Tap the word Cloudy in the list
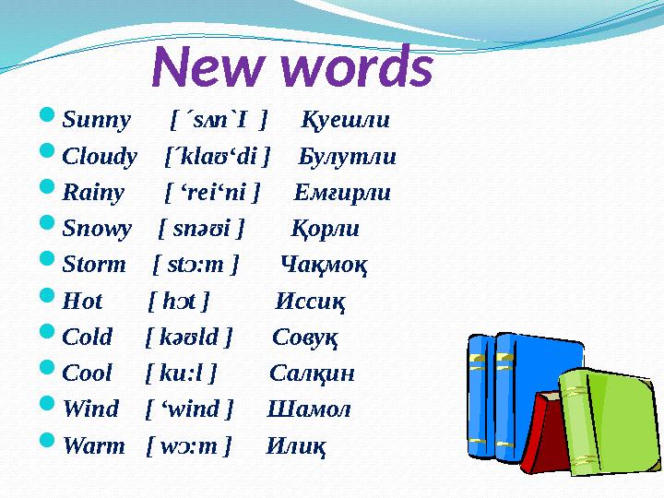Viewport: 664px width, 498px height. (x=100, y=157)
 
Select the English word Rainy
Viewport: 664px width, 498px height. (x=93, y=193)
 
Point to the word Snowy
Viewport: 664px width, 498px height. (x=97, y=229)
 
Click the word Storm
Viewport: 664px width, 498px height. (x=94, y=265)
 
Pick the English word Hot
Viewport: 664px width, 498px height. (x=83, y=301)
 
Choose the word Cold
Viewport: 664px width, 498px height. (x=88, y=337)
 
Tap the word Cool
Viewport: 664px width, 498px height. (x=88, y=373)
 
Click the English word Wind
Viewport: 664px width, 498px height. (x=90, y=409)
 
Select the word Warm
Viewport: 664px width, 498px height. (x=93, y=445)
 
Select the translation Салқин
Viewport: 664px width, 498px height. (x=313, y=373)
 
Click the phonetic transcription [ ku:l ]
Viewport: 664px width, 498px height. (x=181, y=373)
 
